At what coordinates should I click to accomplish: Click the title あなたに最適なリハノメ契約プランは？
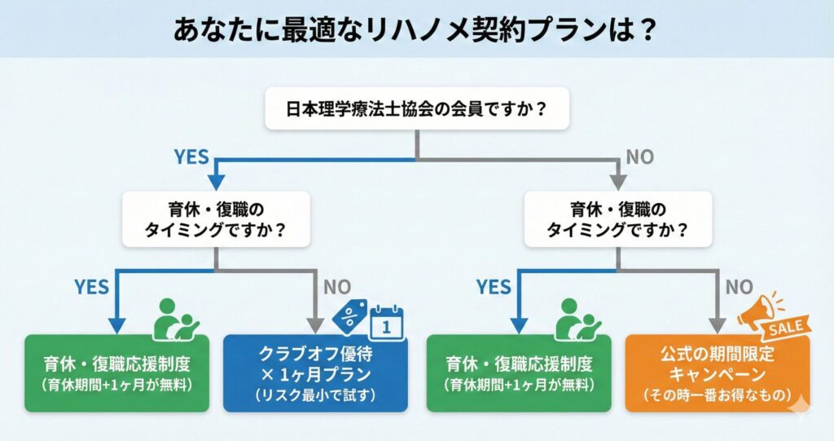[x=416, y=29]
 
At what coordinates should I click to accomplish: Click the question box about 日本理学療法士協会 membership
[x=416, y=108]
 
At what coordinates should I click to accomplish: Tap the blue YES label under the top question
[x=192, y=157]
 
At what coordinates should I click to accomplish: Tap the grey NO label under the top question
[x=640, y=157]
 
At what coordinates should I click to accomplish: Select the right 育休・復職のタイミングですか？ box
[x=617, y=219]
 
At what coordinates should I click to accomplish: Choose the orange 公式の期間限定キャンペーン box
[x=718, y=374]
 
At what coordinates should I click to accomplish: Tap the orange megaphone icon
[x=756, y=311]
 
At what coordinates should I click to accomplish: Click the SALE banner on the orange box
[x=786, y=328]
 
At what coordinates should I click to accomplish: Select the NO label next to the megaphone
[x=740, y=286]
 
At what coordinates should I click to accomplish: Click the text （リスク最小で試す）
[x=315, y=395]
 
